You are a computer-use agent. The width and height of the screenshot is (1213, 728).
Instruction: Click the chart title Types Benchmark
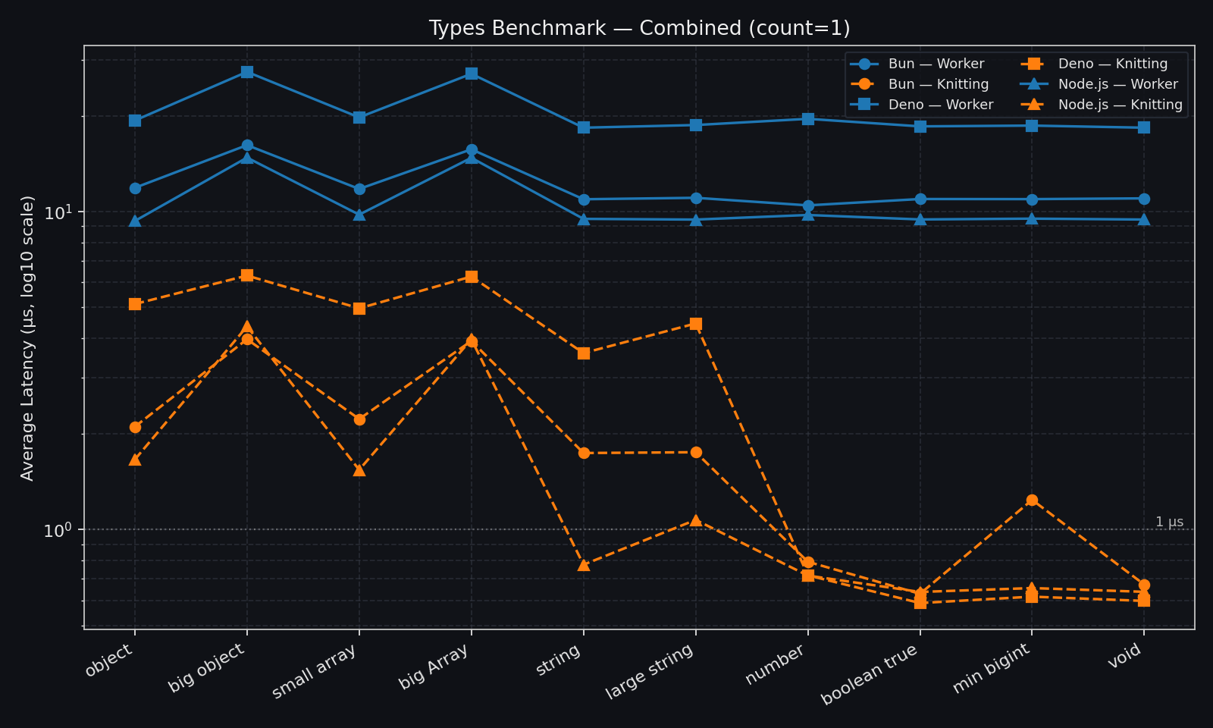(639, 28)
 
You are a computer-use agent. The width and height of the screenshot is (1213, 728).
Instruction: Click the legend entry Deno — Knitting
(1112, 64)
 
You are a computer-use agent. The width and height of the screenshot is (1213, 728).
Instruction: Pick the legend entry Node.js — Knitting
(1120, 105)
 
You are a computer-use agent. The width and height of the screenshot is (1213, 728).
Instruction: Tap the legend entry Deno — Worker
(940, 105)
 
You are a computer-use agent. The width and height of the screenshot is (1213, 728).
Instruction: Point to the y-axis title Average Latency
(28, 337)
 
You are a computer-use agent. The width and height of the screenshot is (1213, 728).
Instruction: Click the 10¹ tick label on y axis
(60, 212)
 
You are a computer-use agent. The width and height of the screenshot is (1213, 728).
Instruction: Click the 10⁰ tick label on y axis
(60, 529)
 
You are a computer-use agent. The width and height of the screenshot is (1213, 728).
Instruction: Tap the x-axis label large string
(650, 671)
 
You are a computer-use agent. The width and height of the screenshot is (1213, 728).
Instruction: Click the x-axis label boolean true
(870, 674)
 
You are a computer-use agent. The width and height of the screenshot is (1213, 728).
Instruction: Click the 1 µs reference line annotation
(1168, 522)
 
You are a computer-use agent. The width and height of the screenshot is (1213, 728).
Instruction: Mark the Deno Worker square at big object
(247, 72)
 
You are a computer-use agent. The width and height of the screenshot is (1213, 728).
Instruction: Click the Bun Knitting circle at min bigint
(1032, 500)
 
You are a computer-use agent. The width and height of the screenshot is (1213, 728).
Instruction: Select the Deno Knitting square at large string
(696, 324)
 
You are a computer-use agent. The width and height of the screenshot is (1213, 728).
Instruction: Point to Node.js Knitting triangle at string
(584, 565)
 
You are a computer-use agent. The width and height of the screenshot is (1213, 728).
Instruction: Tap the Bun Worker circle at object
(135, 188)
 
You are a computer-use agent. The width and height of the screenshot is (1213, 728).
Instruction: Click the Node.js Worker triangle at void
(1144, 220)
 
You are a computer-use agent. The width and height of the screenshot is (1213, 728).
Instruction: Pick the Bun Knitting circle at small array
(359, 419)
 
